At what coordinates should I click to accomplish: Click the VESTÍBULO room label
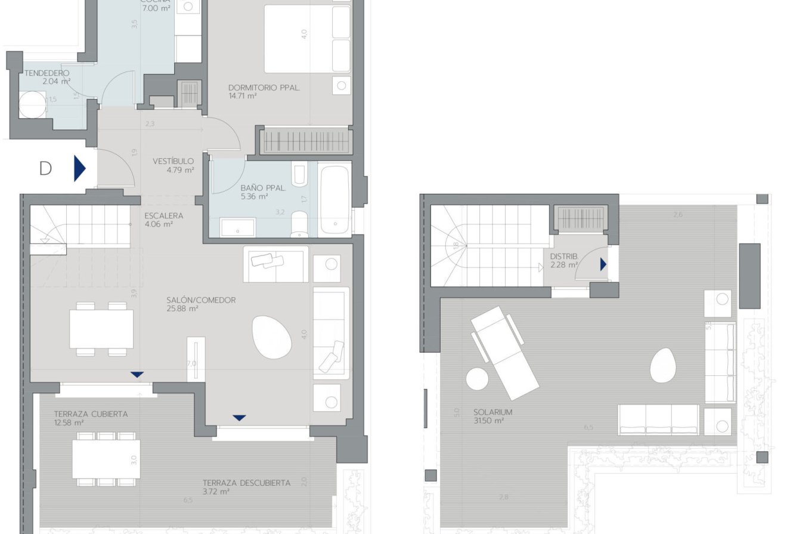pos(173,161)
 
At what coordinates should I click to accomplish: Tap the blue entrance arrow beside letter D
pos(79,168)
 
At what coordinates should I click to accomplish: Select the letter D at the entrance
pos(45,169)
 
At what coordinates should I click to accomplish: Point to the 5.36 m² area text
pos(254,196)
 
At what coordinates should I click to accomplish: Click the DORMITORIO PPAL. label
pos(264,88)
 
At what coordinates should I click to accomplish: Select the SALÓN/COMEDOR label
pos(201,300)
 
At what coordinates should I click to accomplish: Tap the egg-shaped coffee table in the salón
pos(272,337)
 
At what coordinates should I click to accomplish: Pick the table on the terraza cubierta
pos(106,459)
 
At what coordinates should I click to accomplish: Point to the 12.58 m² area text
pos(69,422)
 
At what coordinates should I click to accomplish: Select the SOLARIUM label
pos(493,412)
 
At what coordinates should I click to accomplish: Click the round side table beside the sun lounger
pos(478,379)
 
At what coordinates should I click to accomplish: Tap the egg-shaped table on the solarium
pos(662,365)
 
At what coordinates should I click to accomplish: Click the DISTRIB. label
pos(563,256)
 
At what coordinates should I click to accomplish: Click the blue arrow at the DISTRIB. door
pos(603,264)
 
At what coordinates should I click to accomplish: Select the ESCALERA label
pos(163,216)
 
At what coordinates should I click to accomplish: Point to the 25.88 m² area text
pos(182,308)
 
